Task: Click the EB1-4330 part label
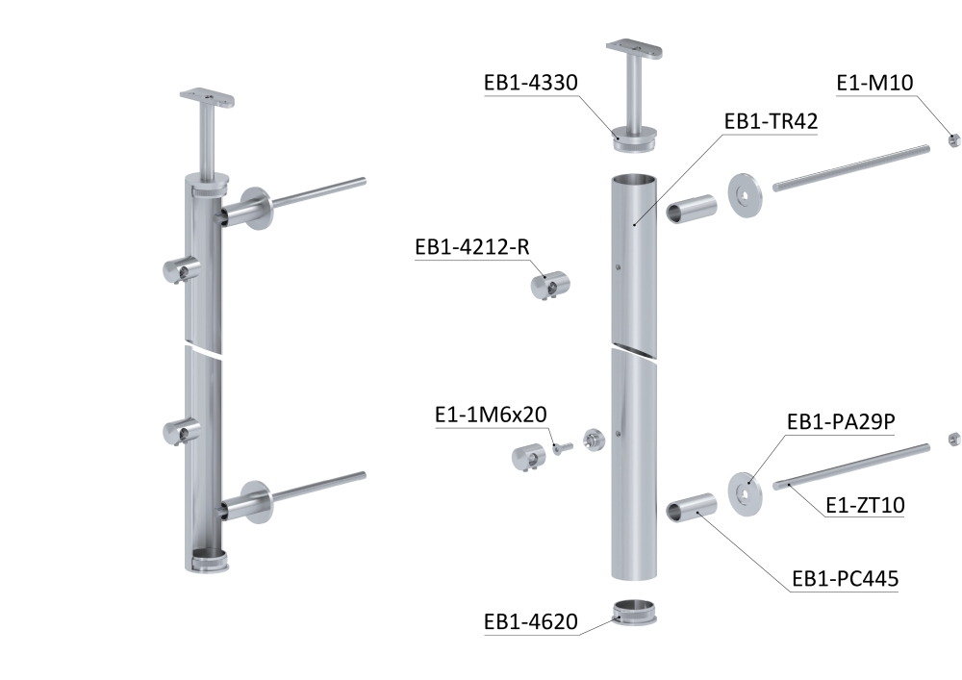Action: point(531,82)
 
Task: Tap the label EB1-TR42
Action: point(772,121)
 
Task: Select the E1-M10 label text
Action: point(874,82)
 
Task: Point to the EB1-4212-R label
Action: point(471,246)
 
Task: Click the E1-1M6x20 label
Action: point(491,415)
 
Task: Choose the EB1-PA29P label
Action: point(841,422)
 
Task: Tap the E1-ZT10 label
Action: point(865,505)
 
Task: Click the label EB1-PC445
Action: point(846,579)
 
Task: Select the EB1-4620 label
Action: point(531,621)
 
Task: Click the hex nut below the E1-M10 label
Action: point(953,139)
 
